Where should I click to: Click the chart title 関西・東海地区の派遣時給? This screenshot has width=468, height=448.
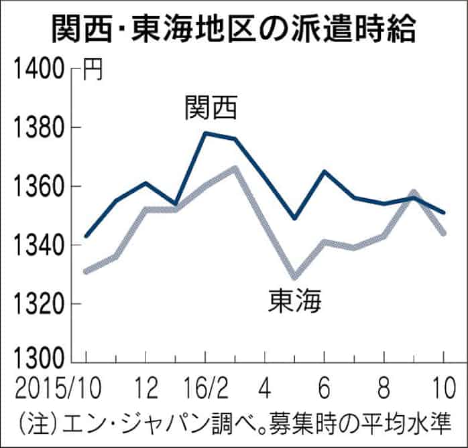tap(234, 29)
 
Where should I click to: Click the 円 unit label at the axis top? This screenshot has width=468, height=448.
tap(93, 70)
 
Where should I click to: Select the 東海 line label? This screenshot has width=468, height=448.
tap(295, 303)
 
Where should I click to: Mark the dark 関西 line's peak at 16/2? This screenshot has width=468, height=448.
tap(205, 133)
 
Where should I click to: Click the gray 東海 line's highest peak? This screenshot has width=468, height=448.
tap(235, 167)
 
